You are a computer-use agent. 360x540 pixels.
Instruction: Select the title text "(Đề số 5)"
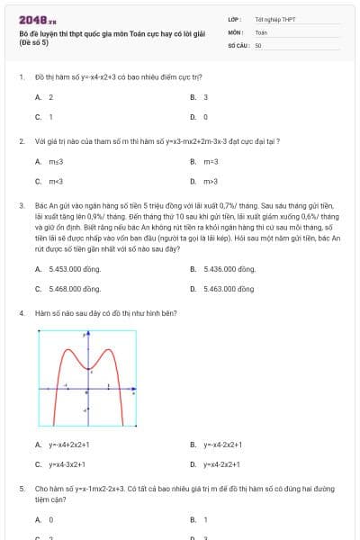tap(32, 41)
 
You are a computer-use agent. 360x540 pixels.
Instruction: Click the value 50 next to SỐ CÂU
tap(258, 44)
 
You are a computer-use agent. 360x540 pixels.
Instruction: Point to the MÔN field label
tap(236, 31)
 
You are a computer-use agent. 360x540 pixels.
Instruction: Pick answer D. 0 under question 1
tap(200, 117)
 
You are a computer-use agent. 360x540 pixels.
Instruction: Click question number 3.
tap(21, 205)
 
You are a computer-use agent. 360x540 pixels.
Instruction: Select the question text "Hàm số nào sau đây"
tap(63, 313)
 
